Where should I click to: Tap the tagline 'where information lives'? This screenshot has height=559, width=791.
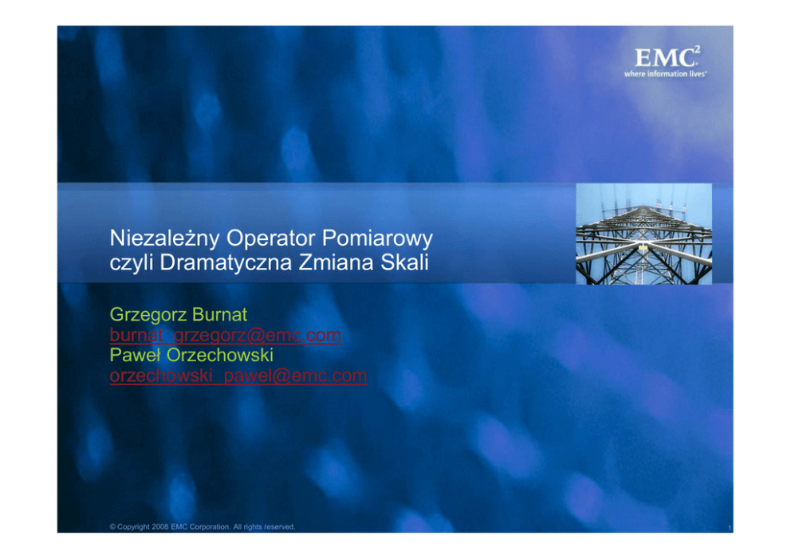665,74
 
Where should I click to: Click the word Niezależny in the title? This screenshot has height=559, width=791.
164,238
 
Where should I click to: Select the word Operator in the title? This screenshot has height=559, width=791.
271,238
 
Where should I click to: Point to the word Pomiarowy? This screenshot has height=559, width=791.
377,238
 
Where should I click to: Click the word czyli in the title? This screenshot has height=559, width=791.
131,262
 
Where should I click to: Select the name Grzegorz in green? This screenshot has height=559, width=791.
148,315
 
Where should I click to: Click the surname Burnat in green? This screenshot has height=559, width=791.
219,314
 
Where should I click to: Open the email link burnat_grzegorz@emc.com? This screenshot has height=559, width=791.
225,335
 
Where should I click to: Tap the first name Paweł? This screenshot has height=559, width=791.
136,355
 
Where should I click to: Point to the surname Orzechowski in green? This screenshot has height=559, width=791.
220,355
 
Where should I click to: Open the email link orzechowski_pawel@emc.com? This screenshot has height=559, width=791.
238,376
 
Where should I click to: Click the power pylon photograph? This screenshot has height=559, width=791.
643,234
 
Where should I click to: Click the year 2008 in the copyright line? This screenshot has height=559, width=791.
160,527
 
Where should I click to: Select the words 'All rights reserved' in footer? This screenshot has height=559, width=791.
264,527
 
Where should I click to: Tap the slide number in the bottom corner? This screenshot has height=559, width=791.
730,528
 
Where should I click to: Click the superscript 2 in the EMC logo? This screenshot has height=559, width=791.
697,49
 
